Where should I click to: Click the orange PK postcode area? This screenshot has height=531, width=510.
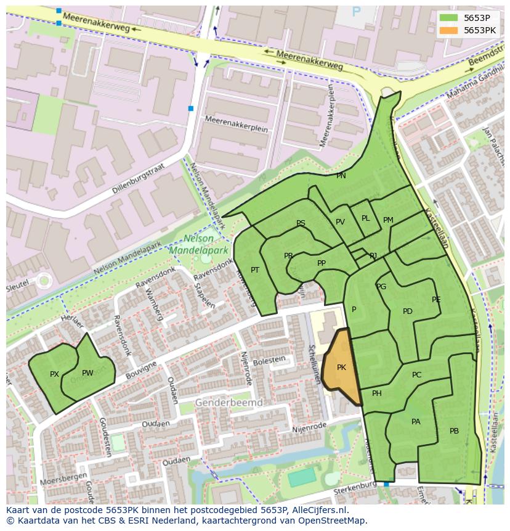[x=341, y=368]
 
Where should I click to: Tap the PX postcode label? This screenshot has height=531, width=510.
[x=54, y=374]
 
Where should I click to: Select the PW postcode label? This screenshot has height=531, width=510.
[x=87, y=373]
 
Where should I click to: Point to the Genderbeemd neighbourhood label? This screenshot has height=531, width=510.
[x=229, y=403]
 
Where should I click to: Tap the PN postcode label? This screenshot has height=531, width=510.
[x=341, y=176]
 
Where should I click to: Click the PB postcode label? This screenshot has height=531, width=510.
[x=454, y=431]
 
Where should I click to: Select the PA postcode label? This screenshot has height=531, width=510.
[x=416, y=422]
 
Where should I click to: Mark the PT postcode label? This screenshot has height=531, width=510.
[x=255, y=270]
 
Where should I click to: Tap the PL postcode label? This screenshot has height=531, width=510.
[x=365, y=218]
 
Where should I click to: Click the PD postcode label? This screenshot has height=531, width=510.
[x=407, y=311]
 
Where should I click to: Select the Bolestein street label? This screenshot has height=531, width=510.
[x=270, y=360]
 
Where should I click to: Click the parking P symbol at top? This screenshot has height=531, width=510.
[x=356, y=11]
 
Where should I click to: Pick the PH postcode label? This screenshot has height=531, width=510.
[x=376, y=393]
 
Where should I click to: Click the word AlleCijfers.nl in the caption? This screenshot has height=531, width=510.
[x=318, y=510]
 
